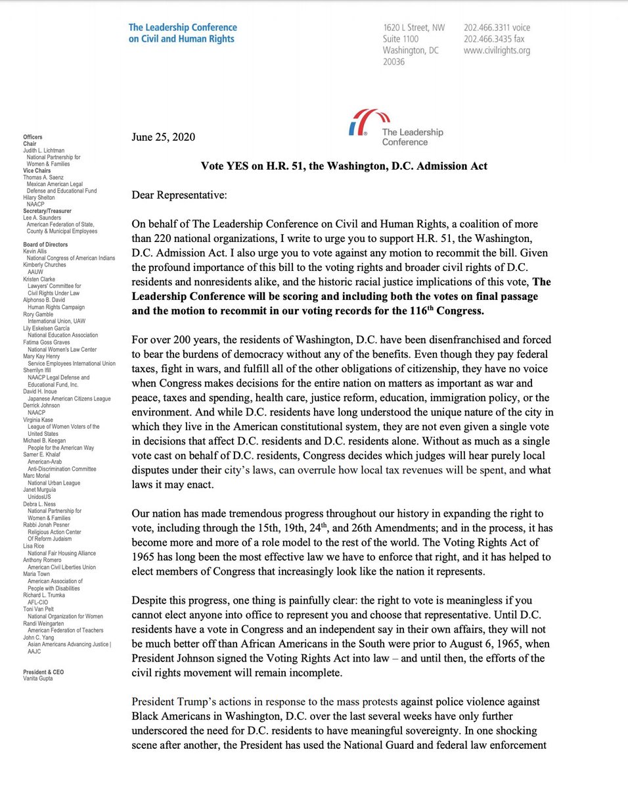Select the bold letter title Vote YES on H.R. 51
[x=344, y=166]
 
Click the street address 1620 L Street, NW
[x=414, y=28]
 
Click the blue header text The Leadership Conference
[x=183, y=33]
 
